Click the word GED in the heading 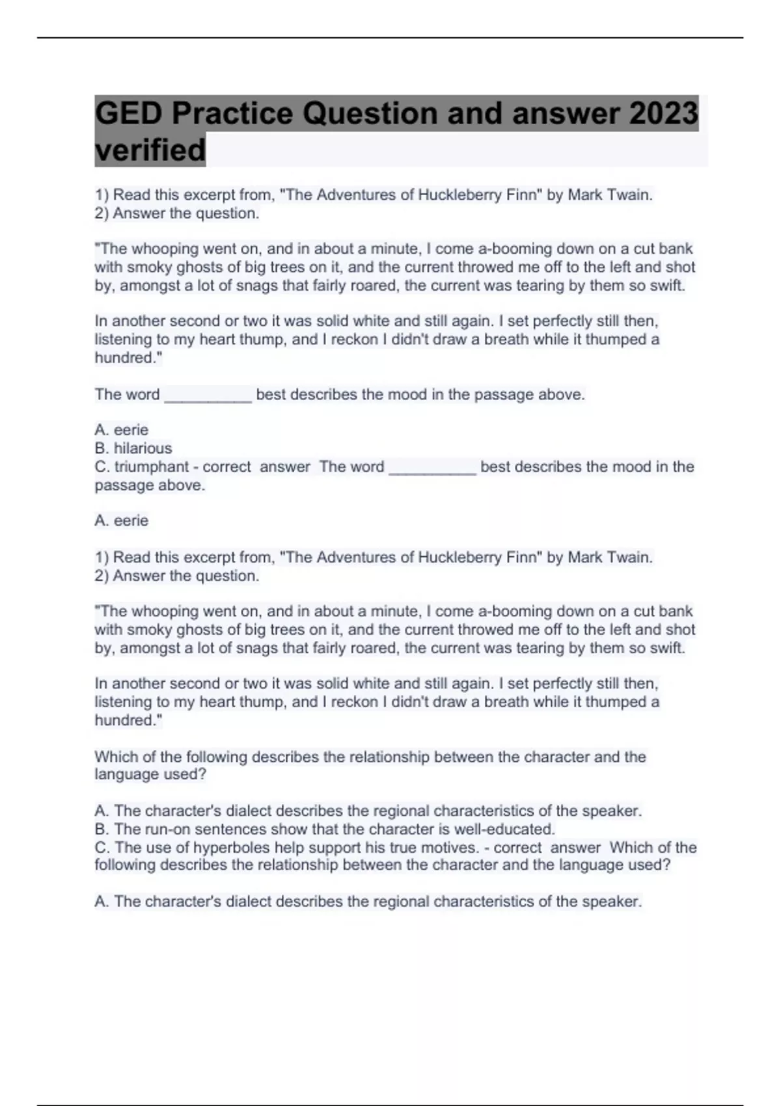click(128, 113)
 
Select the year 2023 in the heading click(663, 113)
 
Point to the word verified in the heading click(150, 150)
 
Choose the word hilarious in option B click(143, 448)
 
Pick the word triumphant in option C click(152, 466)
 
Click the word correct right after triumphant click(226, 466)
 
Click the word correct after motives click(517, 848)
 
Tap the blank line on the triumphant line click(432, 468)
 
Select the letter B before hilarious click(101, 448)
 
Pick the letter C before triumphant click(101, 466)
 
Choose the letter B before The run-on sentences click(101, 829)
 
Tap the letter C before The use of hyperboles click(101, 848)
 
